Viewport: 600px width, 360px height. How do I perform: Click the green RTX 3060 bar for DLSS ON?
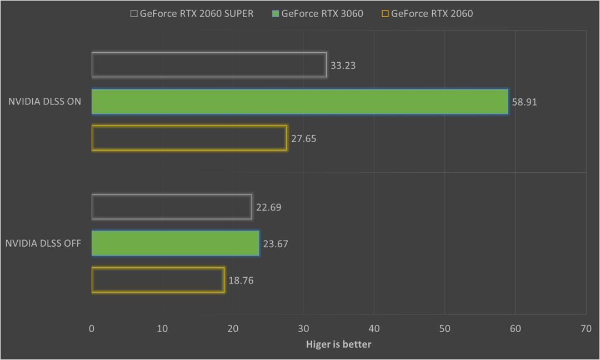tap(300, 102)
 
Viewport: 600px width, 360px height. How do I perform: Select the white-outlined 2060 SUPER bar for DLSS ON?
tap(209, 65)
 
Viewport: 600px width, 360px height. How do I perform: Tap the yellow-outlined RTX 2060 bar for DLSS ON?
tap(189, 138)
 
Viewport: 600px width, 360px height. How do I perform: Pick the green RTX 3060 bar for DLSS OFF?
tap(175, 243)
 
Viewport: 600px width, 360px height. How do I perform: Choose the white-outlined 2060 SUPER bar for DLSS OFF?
tap(171, 207)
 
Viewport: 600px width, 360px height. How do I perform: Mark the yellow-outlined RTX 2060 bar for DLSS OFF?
tap(158, 280)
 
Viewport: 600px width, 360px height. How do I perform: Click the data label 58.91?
tap(524, 102)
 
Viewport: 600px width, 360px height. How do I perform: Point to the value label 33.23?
tap(343, 66)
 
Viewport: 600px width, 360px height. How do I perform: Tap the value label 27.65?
tap(303, 139)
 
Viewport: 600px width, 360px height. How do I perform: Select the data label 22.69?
tap(268, 208)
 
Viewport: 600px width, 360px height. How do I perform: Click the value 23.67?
tap(276, 244)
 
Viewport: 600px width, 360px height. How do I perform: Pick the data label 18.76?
tap(241, 281)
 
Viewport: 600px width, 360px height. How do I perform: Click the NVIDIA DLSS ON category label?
tap(44, 102)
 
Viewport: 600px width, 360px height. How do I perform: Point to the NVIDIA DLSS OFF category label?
tap(43, 243)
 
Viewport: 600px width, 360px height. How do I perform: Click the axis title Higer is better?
tap(338, 344)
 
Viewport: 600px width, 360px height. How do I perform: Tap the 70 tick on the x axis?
tap(586, 329)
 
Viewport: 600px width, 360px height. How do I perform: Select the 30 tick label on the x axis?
tap(303, 329)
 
